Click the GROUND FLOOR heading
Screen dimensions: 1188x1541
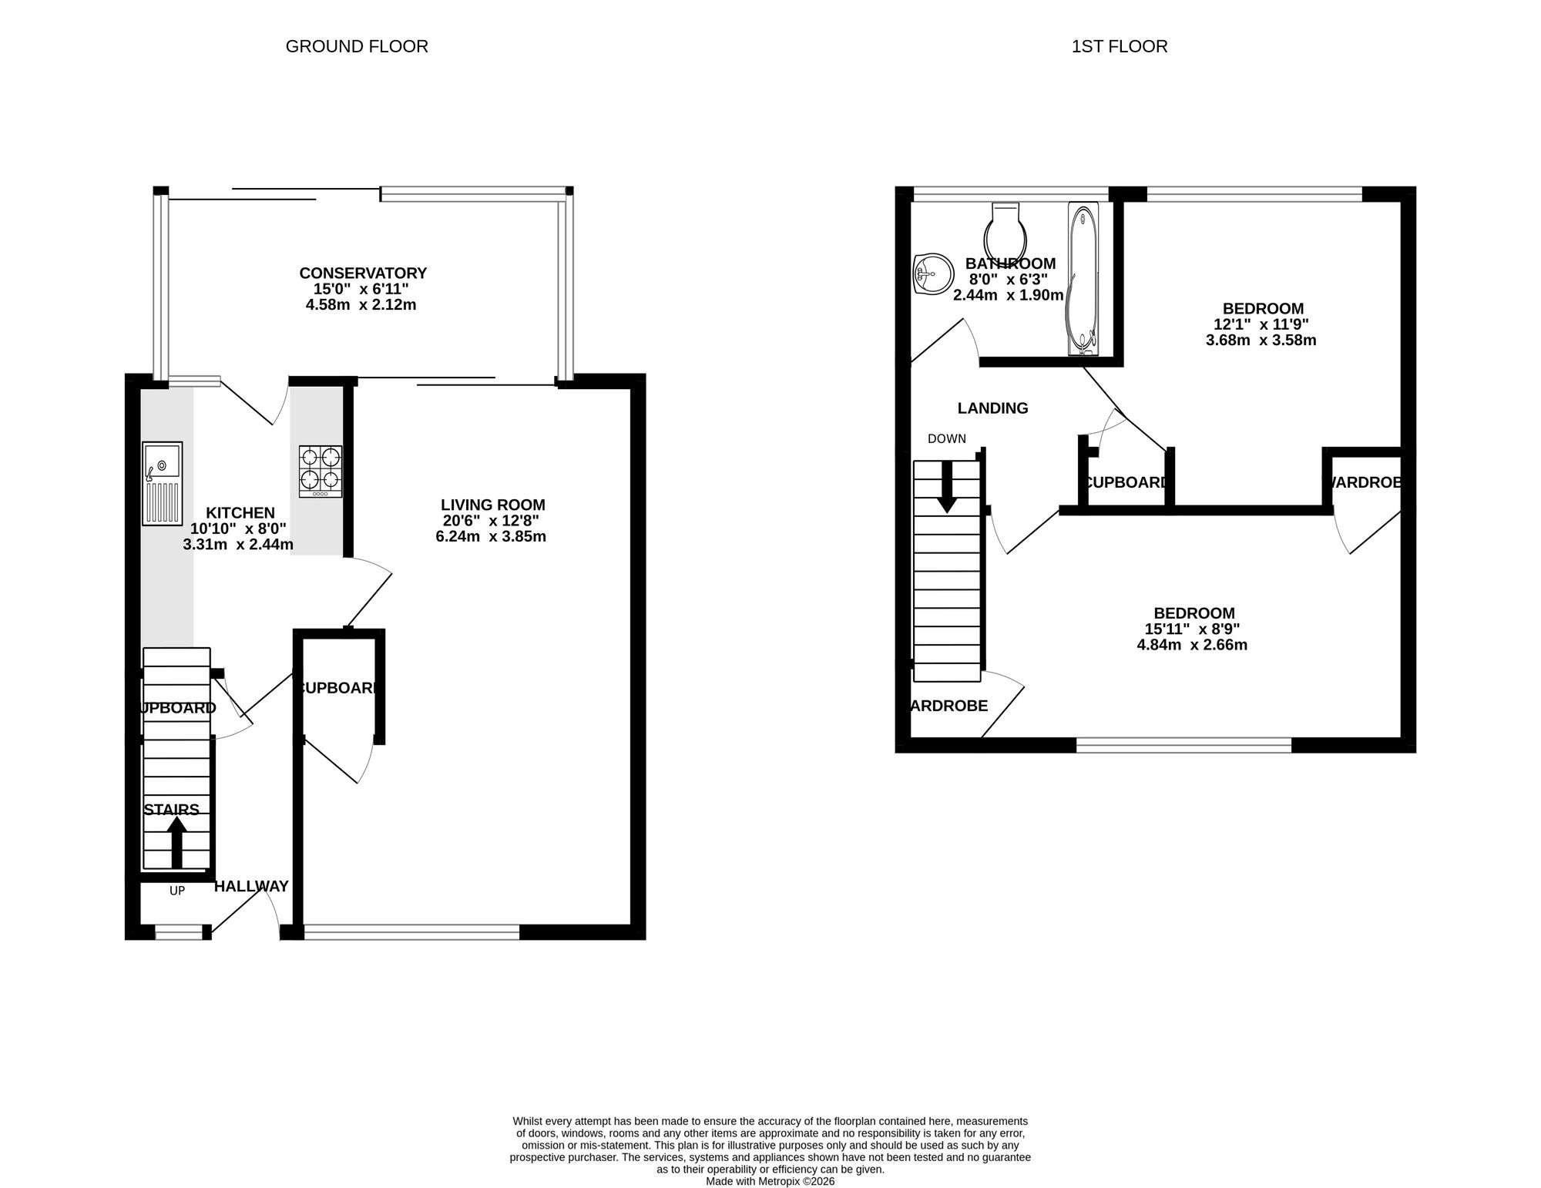tap(357, 46)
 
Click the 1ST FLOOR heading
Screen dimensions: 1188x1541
tap(1119, 46)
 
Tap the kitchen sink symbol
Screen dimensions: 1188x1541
tap(163, 483)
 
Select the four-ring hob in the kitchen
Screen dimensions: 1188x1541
tap(321, 471)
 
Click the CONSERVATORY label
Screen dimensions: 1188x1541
tap(362, 273)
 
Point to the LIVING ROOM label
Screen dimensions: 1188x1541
tap(492, 505)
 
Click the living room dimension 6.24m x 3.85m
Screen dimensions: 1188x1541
tap(491, 536)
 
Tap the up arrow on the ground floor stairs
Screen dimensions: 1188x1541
tap(176, 841)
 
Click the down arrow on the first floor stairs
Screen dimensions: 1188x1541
tap(947, 487)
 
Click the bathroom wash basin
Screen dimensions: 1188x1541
tap(931, 274)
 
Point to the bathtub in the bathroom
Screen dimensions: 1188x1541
tap(1082, 279)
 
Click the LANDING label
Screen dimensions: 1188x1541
tap(992, 408)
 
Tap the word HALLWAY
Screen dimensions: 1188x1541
tap(251, 886)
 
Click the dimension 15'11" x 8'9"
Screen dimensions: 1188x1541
tap(1192, 629)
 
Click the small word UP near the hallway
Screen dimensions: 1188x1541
tap(177, 891)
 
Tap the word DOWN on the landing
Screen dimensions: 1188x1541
tap(946, 439)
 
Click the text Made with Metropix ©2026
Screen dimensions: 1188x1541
tap(770, 1181)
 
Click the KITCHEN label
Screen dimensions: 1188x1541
tap(240, 513)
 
